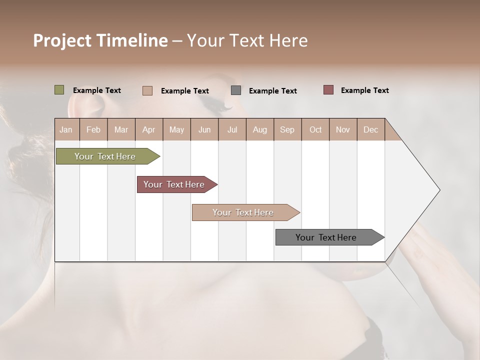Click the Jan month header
click(66, 129)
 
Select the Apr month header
click(149, 129)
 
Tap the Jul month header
click(232, 129)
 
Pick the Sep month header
click(287, 129)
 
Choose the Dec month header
click(370, 129)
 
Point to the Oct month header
click(315, 129)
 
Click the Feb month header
click(93, 129)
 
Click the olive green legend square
click(59, 90)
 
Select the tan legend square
click(147, 90)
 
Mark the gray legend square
click(236, 90)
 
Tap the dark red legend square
click(328, 90)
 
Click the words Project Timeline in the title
click(100, 40)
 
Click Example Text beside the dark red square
click(364, 90)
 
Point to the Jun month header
click(204, 129)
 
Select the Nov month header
click(343, 129)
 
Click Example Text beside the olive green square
click(97, 90)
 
